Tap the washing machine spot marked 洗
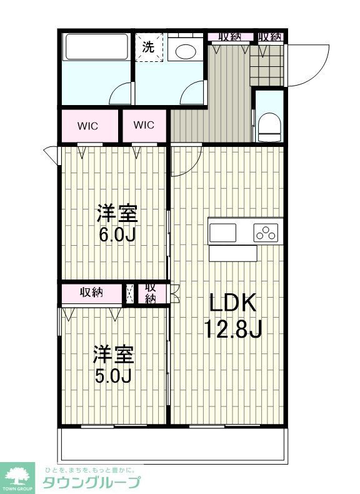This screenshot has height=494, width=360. coord(149,47)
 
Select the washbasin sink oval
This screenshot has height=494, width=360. coord(186,51)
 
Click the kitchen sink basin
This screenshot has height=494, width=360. coord(222,233)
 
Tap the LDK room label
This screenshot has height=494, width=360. coord(232,305)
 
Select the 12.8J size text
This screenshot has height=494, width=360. coord(232,328)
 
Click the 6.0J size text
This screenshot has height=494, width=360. coord(117,235)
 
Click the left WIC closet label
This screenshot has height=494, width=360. coord(88,125)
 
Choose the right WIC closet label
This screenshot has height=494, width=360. coord(143,125)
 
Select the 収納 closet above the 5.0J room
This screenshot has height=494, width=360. coord(91,293)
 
